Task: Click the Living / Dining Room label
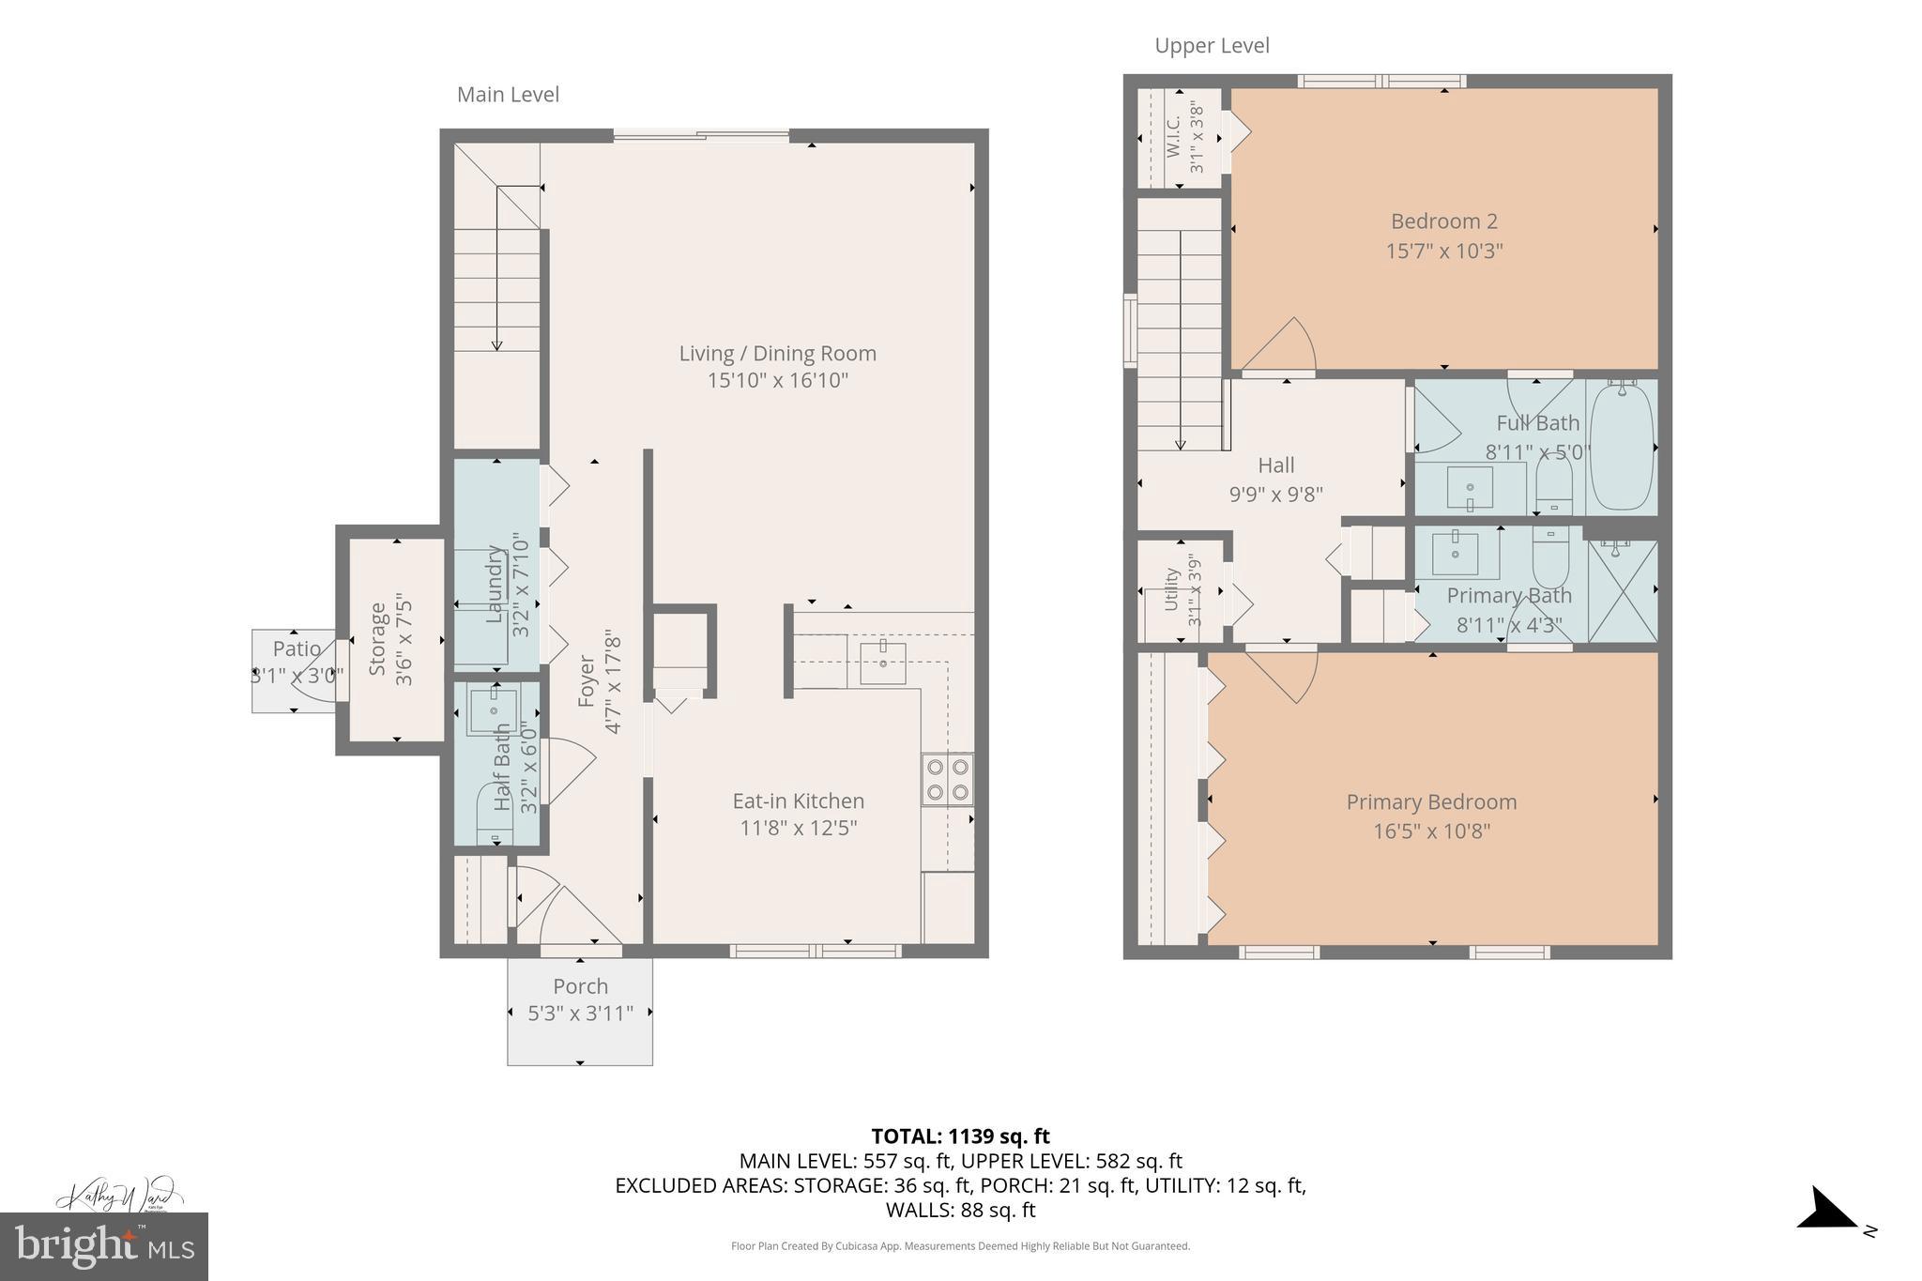(777, 354)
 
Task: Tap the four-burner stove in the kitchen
(946, 780)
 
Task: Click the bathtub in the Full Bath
(1622, 447)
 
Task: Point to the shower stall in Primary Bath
(1623, 591)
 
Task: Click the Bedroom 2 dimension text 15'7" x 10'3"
(1443, 252)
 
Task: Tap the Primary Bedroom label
(1431, 802)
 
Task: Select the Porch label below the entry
(580, 986)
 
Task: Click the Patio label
(297, 648)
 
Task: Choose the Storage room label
(378, 639)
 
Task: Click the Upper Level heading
(1211, 46)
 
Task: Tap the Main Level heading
(508, 95)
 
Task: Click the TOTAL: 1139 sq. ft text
(960, 1136)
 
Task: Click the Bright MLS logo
(103, 1247)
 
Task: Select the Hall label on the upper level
(1275, 465)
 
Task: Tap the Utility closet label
(1171, 589)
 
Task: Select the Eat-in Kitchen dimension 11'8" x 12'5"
(798, 829)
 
